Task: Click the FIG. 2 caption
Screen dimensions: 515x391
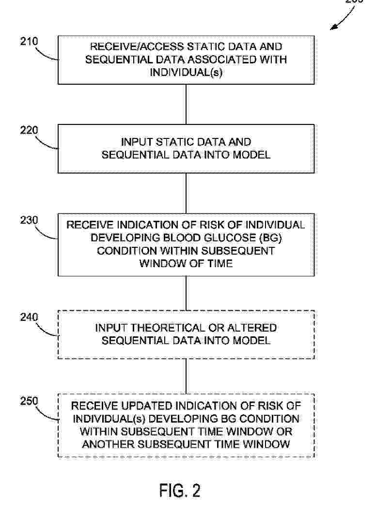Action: [180, 490]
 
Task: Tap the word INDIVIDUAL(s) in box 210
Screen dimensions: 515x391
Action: [186, 72]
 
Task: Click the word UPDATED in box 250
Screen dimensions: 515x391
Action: [141, 406]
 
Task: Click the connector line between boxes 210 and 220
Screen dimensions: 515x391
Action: [187, 104]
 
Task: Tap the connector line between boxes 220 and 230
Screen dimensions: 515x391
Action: [187, 193]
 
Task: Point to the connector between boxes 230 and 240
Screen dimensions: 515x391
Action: [187, 293]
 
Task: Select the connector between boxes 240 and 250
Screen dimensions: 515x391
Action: [187, 377]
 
